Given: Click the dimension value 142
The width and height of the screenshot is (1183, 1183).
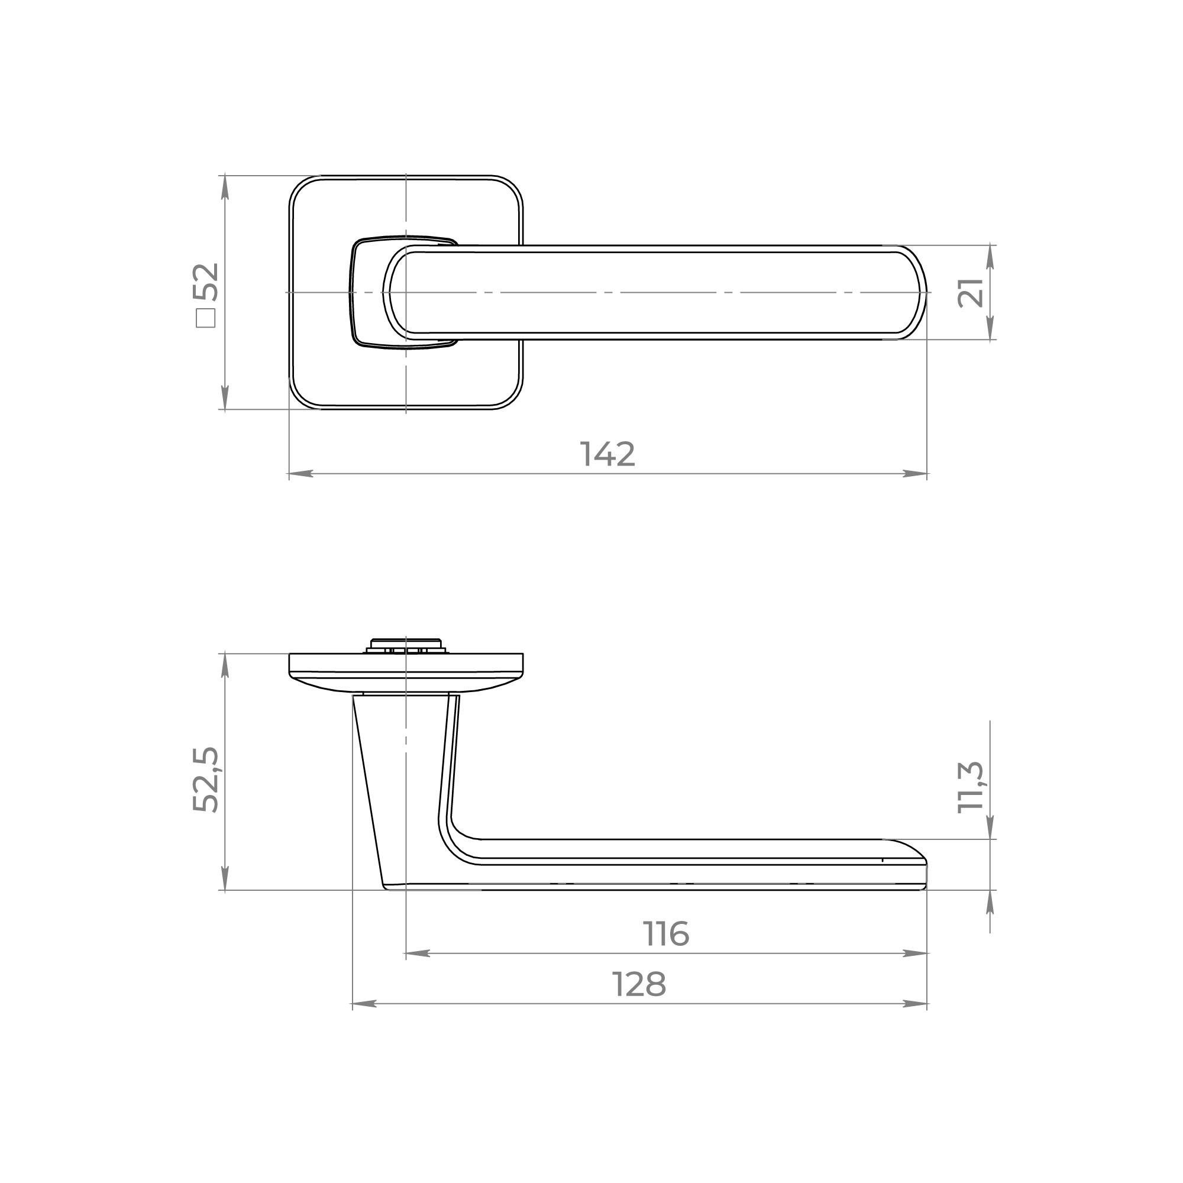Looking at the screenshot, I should tap(607, 454).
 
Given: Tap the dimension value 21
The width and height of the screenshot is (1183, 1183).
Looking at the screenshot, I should tap(970, 293).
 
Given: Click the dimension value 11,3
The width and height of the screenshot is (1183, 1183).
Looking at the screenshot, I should tap(970, 787).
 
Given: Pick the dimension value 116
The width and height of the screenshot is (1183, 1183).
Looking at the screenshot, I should tap(666, 934).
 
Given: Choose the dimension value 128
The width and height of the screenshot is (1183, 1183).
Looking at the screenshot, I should tap(639, 985).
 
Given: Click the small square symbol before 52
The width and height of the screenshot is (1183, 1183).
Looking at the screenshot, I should tap(206, 318).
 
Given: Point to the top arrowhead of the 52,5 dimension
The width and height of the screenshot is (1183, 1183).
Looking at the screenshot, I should tap(225, 665).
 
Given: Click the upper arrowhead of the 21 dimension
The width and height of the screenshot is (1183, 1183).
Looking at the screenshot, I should tap(991, 257).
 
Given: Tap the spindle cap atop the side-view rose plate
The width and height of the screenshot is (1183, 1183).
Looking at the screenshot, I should tap(405, 645).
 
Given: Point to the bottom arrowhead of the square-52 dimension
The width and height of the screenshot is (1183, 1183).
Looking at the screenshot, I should tap(225, 398).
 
